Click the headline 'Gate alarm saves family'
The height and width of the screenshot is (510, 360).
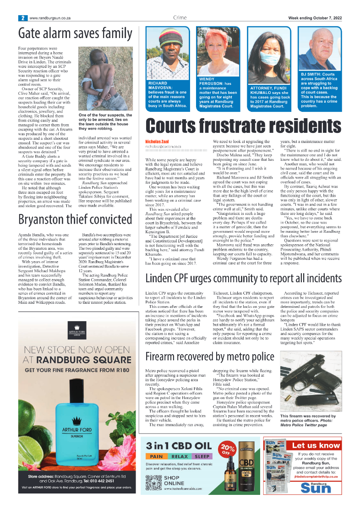pyautogui.click(x=75, y=33)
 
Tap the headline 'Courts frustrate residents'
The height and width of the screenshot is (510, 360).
pyautogui.click(x=243, y=126)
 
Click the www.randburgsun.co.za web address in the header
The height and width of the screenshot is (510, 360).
pyautogui.click(x=50, y=18)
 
